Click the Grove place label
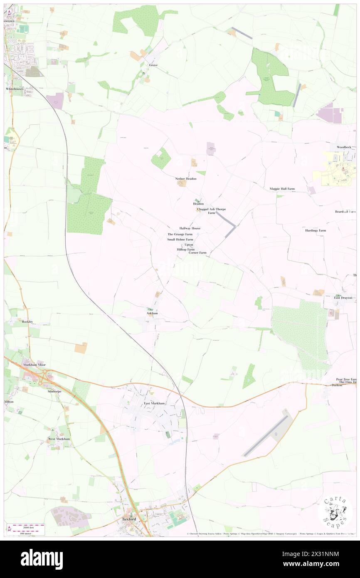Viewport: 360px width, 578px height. point(153,65)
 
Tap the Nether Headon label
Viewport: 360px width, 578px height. point(185,178)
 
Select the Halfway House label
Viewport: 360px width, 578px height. point(190,228)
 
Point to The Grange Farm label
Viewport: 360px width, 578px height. point(180,234)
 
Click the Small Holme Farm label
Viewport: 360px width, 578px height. point(180,240)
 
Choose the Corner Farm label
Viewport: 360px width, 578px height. point(197,252)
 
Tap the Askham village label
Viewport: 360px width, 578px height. point(152,313)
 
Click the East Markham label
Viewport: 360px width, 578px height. point(154,403)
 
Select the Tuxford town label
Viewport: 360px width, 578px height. point(129,519)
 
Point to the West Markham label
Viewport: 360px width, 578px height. point(59,439)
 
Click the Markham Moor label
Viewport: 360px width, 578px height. point(35,365)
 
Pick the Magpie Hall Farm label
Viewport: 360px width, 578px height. point(282,189)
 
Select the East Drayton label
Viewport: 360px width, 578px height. point(343,298)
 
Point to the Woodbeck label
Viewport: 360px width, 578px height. point(344,147)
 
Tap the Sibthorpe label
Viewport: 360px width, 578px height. point(54,391)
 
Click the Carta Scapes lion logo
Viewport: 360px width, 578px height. point(335,511)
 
